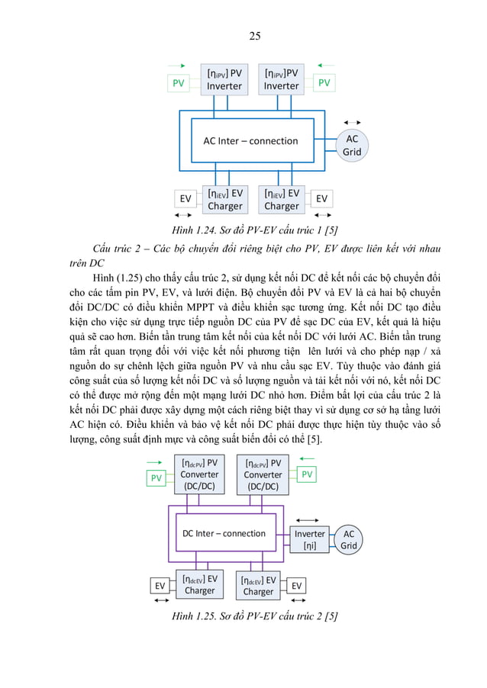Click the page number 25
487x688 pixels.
pyautogui.click(x=254, y=35)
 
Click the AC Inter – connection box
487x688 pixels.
pyautogui.click(x=250, y=141)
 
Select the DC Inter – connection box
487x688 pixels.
pyautogui.click(x=224, y=533)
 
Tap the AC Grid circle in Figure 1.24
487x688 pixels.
pyautogui.click(x=352, y=145)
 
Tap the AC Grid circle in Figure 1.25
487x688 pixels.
pyautogui.click(x=349, y=539)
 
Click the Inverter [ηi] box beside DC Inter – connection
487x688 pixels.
pyautogui.click(x=310, y=539)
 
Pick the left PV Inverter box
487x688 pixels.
pyautogui.click(x=224, y=79)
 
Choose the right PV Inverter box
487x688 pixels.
pyautogui.click(x=282, y=79)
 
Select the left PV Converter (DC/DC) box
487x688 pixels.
pyautogui.click(x=199, y=474)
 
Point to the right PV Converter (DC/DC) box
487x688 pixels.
pyautogui.click(x=263, y=474)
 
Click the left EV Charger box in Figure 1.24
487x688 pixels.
pyautogui.click(x=224, y=200)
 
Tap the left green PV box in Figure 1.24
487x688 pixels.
pyautogui.click(x=178, y=83)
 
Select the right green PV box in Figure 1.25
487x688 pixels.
pyautogui.click(x=307, y=474)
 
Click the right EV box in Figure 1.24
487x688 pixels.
pyautogui.click(x=322, y=199)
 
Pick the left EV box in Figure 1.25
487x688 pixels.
pyautogui.click(x=160, y=586)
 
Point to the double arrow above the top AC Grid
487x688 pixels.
pyautogui.click(x=352, y=122)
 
